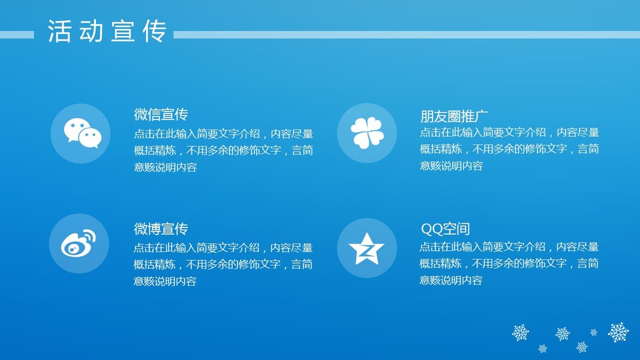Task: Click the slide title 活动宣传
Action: coord(107,31)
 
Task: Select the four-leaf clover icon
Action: coord(367,133)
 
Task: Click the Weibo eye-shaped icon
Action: coord(79,243)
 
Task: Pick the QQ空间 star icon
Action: coord(366,248)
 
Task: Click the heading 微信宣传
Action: coord(161,114)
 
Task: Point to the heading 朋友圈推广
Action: coord(454,116)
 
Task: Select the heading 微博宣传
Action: coord(161,229)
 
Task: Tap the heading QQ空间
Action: coord(445,229)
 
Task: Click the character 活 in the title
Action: coord(59,31)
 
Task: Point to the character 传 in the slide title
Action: coord(155,31)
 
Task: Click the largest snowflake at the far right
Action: coord(618,332)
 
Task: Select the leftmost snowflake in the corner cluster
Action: coord(521,332)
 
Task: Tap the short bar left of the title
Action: coord(17,35)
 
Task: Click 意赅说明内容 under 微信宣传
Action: coord(166,167)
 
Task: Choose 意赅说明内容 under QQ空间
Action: coord(451,280)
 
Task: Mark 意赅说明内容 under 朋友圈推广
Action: coord(452,166)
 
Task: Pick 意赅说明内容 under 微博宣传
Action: coord(165,281)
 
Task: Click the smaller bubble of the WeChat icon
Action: coord(90,137)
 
